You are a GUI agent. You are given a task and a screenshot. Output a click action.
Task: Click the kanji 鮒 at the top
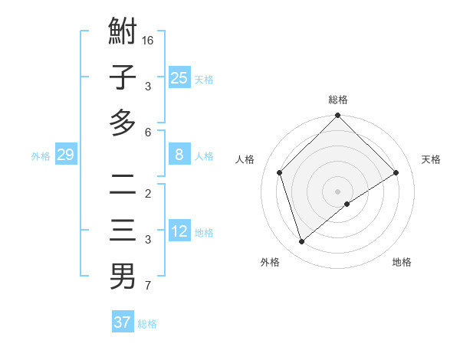(x=123, y=33)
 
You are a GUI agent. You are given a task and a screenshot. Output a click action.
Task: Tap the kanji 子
(x=123, y=77)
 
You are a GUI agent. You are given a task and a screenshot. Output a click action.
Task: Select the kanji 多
(x=123, y=123)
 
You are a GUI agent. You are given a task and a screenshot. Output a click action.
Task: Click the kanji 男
(x=123, y=276)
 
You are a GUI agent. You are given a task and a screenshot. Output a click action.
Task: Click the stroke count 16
(x=148, y=39)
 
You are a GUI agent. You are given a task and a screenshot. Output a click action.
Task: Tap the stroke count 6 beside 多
(x=148, y=133)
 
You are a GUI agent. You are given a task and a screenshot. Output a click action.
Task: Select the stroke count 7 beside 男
(x=148, y=286)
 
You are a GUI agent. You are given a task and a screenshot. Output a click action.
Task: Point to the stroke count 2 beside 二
(x=148, y=193)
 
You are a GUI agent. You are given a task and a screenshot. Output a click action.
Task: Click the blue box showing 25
(x=179, y=78)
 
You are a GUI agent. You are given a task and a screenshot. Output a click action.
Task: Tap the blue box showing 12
(x=179, y=232)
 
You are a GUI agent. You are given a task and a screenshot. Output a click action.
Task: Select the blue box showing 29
(x=65, y=155)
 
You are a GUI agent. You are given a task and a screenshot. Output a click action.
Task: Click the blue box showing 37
(x=122, y=322)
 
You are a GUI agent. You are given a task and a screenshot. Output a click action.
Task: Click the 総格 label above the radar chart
(x=338, y=100)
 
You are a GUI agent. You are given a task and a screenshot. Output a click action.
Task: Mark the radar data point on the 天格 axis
(x=396, y=172)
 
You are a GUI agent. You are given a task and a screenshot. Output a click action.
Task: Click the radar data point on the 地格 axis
(x=347, y=204)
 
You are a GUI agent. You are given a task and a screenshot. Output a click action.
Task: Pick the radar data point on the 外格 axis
(x=301, y=242)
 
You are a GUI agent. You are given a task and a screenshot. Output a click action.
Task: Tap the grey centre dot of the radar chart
(x=338, y=191)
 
